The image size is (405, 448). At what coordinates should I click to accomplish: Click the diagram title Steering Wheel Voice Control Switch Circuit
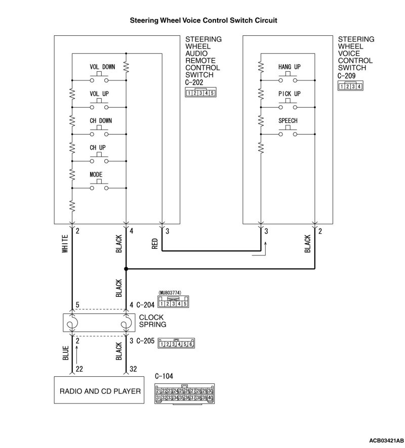click(204, 21)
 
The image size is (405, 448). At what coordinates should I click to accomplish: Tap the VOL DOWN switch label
click(102, 67)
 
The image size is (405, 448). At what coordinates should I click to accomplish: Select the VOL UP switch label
click(99, 94)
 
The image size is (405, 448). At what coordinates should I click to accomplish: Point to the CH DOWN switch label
click(101, 121)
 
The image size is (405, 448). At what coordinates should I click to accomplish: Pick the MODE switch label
click(96, 174)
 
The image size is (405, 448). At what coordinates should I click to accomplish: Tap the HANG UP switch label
click(289, 67)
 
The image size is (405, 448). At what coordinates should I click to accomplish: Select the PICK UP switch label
click(289, 94)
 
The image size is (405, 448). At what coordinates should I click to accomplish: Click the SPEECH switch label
click(288, 121)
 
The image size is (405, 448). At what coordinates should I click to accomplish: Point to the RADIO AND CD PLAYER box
click(100, 391)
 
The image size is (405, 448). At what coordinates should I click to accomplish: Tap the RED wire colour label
click(155, 244)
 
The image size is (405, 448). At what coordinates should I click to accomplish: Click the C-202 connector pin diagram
click(201, 93)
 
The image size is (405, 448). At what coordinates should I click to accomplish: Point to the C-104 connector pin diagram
click(185, 394)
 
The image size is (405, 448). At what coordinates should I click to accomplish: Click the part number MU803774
click(170, 293)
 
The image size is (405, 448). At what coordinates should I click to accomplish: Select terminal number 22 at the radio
click(79, 370)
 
